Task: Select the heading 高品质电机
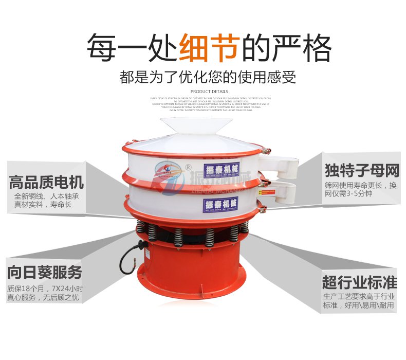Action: point(46,182)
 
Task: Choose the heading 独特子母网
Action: point(362,170)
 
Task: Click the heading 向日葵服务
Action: point(45,272)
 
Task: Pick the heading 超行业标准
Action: point(360,282)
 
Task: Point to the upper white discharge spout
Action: point(280,163)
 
